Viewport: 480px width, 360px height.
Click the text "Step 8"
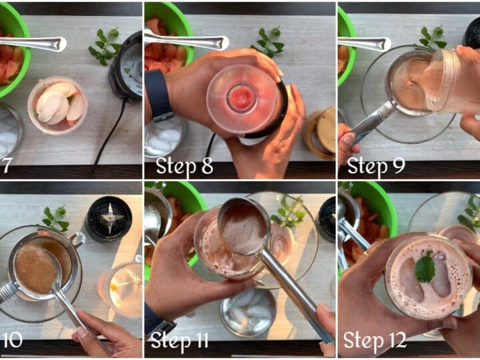point(184,167)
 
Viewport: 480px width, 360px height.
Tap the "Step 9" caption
point(376,167)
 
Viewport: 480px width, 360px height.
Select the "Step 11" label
point(180,341)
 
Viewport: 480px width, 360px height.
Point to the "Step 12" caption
point(375,341)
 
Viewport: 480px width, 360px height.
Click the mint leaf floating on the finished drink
point(425,267)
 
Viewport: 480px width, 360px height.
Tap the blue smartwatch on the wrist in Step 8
point(158,95)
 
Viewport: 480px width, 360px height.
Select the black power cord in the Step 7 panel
point(111,134)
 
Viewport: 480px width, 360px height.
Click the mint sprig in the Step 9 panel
point(431,38)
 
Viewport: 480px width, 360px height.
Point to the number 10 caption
point(11,341)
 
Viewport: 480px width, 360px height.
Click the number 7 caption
point(6,166)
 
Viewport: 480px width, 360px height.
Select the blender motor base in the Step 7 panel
point(126,67)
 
